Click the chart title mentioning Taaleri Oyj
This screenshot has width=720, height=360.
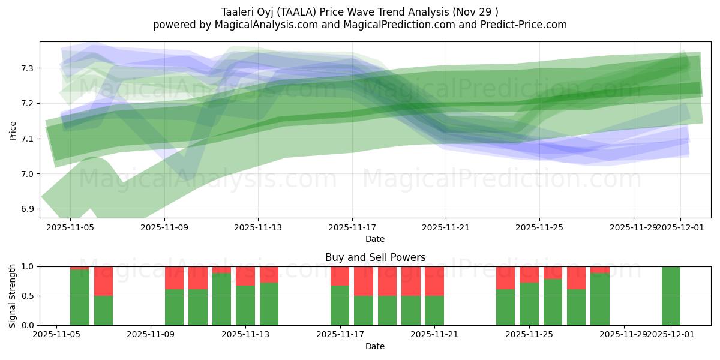pos(359,11)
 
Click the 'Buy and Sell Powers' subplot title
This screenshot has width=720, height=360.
pos(375,257)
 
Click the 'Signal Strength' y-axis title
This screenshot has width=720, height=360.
pos(13,296)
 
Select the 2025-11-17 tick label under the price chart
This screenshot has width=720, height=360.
pos(352,227)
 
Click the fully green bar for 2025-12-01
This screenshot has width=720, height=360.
pos(671,296)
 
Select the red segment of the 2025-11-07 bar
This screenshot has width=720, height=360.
pos(103,281)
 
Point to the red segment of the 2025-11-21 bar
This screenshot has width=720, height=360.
pos(434,281)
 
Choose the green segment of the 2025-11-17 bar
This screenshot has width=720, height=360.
pos(340,305)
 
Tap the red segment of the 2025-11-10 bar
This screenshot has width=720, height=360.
pos(174,278)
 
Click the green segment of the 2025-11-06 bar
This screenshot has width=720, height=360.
pos(80,298)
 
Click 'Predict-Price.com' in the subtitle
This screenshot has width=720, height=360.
pos(527,25)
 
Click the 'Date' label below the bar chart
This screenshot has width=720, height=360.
pos(375,346)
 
